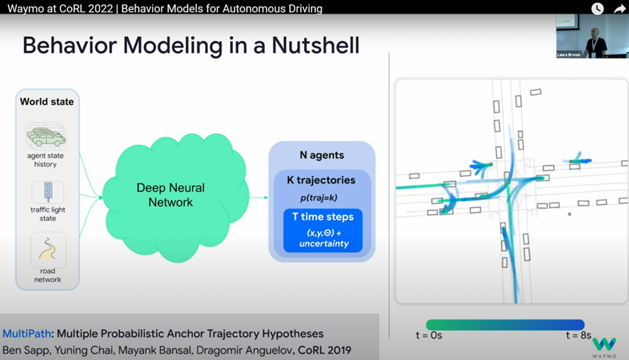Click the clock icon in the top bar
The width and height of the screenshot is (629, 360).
click(x=598, y=9)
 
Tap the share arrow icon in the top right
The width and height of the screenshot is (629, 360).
click(x=619, y=9)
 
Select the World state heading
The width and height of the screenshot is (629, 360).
click(x=47, y=102)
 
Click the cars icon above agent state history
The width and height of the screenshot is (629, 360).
click(x=46, y=136)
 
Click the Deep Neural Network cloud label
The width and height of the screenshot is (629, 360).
click(x=170, y=195)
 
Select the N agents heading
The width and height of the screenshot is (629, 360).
click(x=322, y=155)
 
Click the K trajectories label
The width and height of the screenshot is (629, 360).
click(x=321, y=180)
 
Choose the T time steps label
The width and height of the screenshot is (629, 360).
click(x=323, y=217)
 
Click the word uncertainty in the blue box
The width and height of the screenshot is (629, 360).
click(x=323, y=244)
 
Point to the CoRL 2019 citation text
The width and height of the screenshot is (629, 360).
click(x=324, y=350)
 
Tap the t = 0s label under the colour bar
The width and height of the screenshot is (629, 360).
click(x=429, y=335)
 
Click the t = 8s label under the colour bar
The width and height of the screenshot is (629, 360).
click(x=579, y=335)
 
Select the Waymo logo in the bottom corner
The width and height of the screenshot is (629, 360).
click(x=604, y=347)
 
